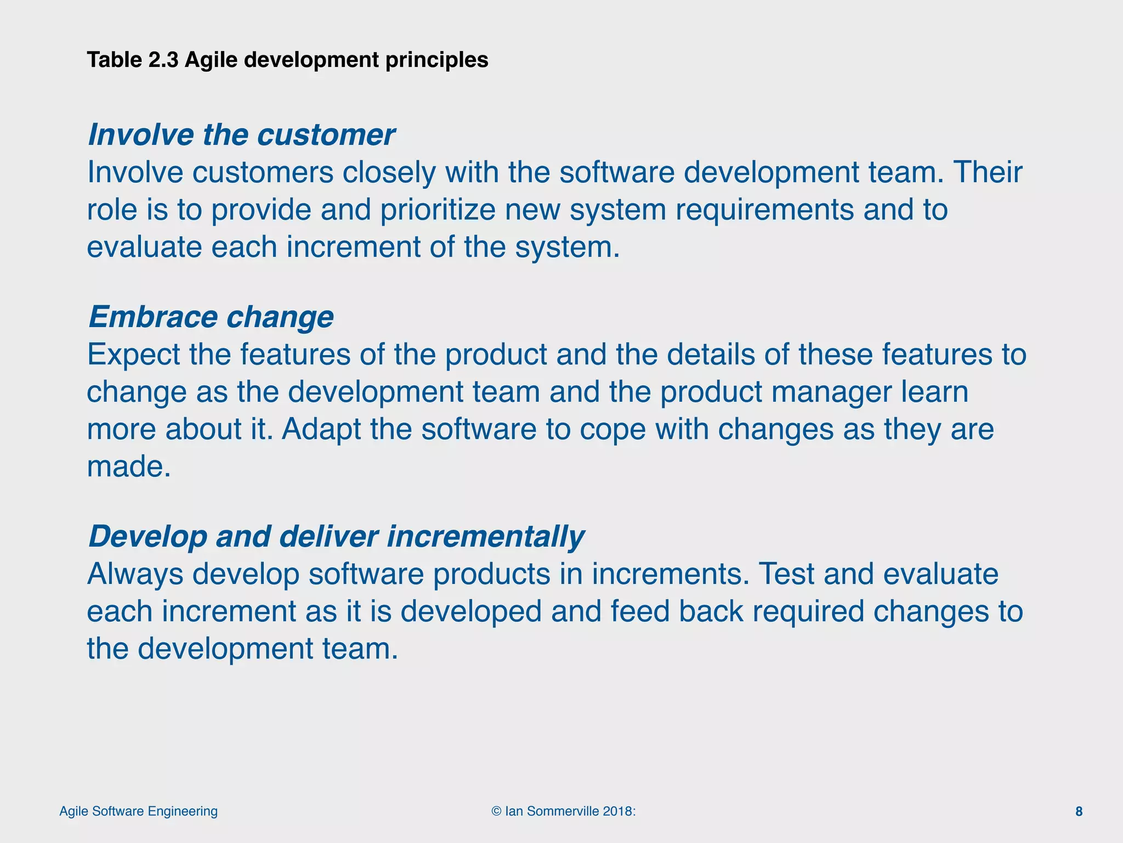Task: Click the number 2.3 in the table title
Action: (163, 60)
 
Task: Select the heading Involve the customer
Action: (241, 134)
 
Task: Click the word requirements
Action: (764, 210)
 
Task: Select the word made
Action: (129, 467)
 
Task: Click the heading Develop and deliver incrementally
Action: (336, 536)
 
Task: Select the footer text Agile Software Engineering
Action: (138, 811)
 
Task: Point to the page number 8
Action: (1079, 812)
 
